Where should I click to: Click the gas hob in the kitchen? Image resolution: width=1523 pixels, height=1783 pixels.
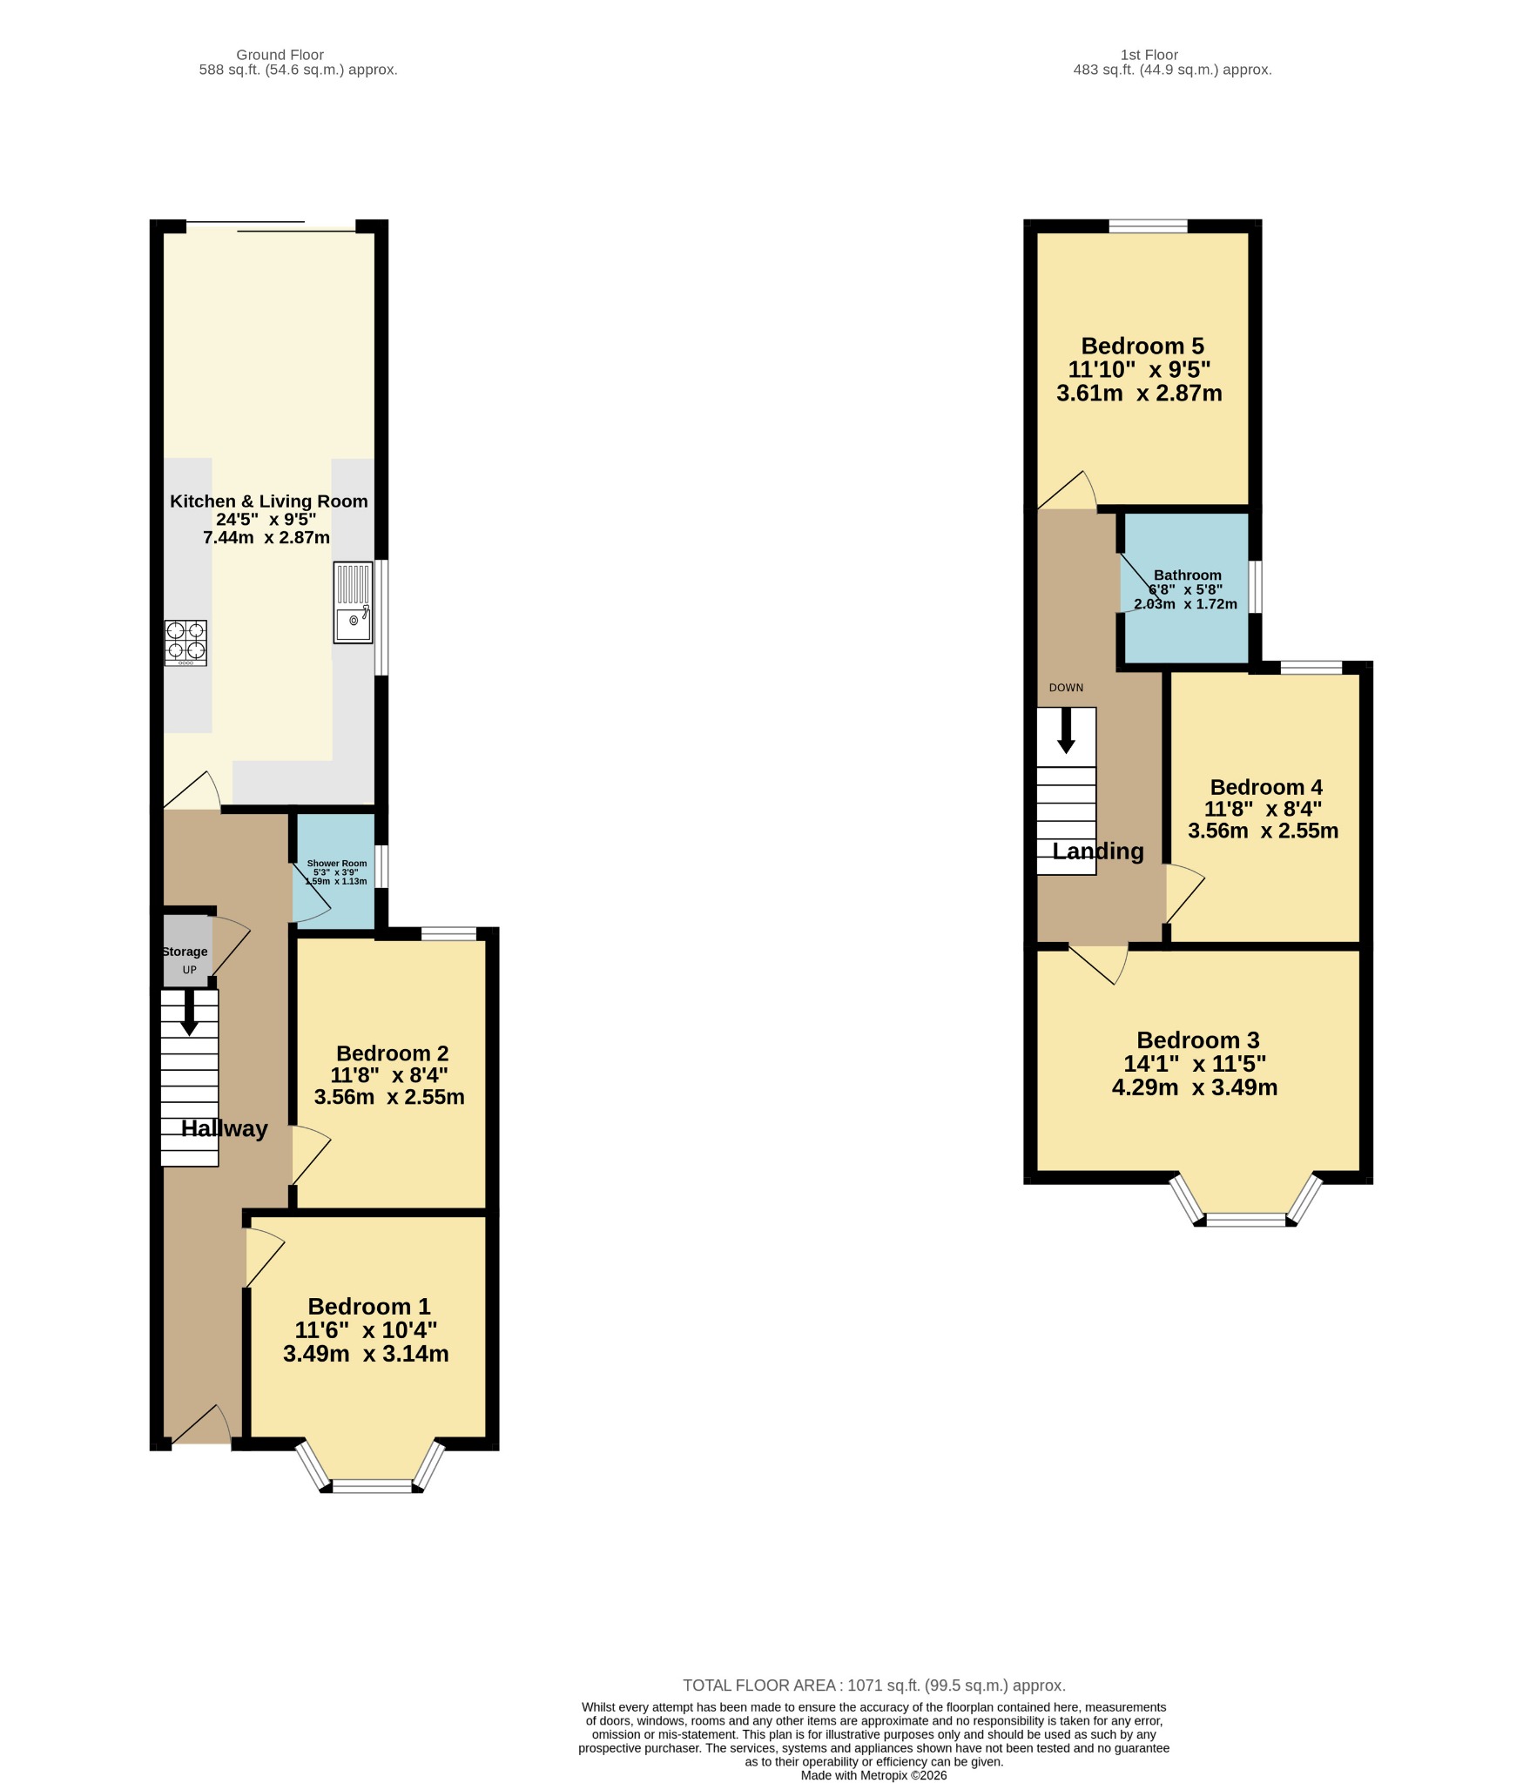click(185, 643)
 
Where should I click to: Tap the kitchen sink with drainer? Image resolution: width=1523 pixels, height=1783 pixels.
click(353, 602)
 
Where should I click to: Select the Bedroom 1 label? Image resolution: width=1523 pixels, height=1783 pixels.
click(368, 1306)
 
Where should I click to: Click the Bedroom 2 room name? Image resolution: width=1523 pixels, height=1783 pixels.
click(392, 1053)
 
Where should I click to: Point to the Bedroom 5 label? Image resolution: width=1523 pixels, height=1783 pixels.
click(1142, 346)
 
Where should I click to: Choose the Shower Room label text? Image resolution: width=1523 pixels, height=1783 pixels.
click(337, 864)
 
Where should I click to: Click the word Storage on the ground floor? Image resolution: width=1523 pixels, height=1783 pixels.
click(185, 952)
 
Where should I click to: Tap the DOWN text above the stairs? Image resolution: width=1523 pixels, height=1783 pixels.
click(1066, 688)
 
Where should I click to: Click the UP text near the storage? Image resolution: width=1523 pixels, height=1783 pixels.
click(189, 970)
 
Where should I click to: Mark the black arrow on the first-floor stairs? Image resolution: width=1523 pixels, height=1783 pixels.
click(1066, 730)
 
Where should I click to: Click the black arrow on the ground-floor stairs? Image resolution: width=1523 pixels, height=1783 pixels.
click(189, 1013)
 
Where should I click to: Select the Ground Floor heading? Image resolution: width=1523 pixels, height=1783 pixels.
click(280, 55)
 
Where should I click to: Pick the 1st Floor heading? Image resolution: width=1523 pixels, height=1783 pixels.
click(1149, 55)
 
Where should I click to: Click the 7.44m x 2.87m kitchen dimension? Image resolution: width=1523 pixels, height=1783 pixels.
click(266, 538)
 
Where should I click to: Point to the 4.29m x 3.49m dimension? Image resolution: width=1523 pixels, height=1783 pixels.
click(1195, 1087)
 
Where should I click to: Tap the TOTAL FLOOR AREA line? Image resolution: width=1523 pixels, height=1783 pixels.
click(874, 1685)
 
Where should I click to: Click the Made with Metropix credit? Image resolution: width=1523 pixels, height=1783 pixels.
click(873, 1775)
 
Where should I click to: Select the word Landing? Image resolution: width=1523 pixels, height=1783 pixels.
click(1098, 851)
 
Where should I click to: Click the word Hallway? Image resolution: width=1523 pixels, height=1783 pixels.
click(224, 1128)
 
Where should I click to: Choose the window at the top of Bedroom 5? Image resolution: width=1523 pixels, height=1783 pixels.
click(1148, 226)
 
